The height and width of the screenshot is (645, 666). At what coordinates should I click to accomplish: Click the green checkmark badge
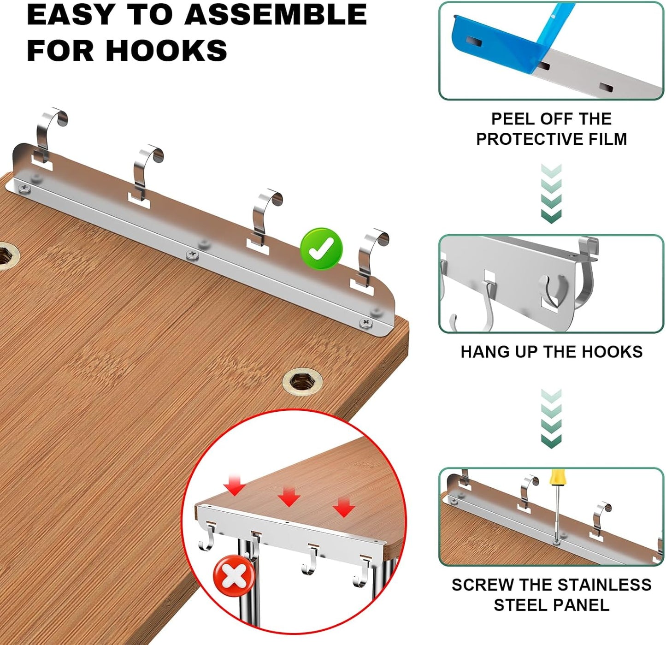point(321,249)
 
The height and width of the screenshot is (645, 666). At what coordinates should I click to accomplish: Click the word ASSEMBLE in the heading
point(276,15)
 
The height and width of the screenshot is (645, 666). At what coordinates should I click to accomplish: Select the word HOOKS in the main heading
point(166,50)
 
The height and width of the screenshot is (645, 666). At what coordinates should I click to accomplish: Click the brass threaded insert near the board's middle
point(302,382)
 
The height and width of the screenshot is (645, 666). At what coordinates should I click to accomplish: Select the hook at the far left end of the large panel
point(50,132)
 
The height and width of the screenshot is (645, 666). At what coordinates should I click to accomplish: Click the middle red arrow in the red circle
point(289,497)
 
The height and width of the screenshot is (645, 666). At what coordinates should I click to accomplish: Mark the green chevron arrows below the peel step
point(551,194)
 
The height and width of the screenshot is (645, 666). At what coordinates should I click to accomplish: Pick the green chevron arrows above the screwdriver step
point(551,418)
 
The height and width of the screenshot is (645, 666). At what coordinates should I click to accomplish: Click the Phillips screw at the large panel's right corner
point(366,323)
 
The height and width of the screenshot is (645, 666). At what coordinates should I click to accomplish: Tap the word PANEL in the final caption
point(586,605)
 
